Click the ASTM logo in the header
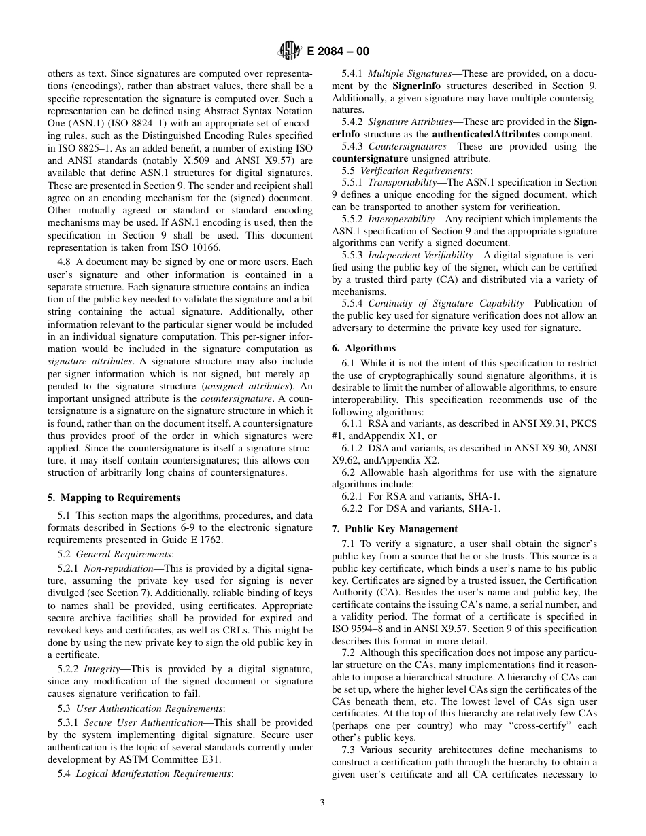pos(288,50)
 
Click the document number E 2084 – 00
pos(334,51)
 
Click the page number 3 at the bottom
pos(322,802)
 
